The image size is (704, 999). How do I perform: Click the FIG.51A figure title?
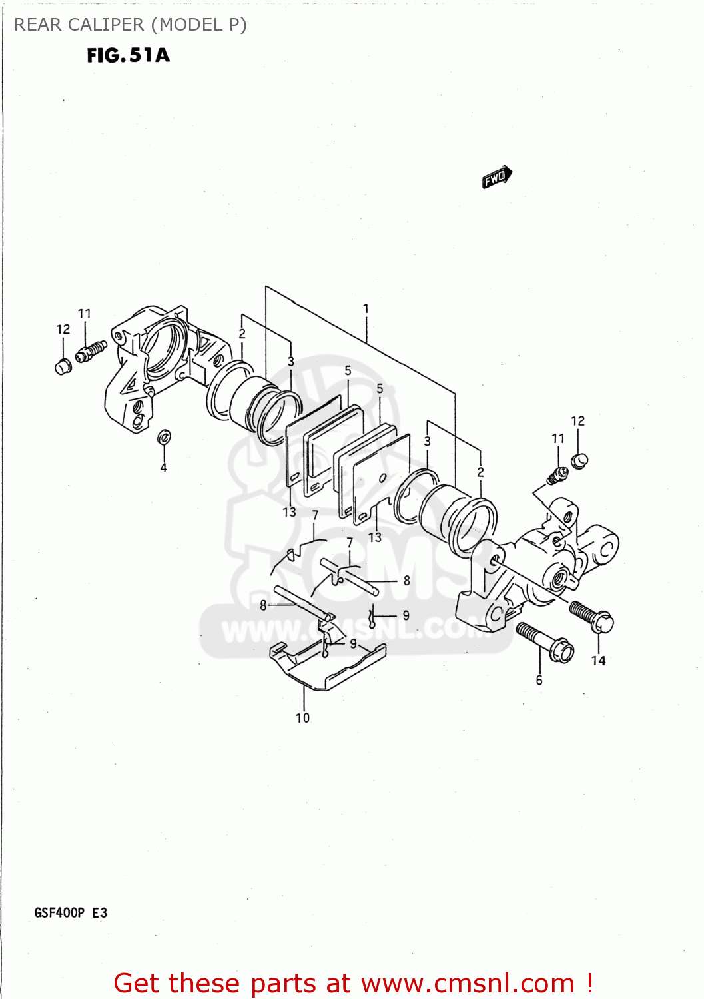point(128,55)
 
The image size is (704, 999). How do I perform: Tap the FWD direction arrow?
point(497,177)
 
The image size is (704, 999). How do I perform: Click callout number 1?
point(366,308)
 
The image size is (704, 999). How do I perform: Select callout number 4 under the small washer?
point(163,468)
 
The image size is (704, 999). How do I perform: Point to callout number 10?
point(302,717)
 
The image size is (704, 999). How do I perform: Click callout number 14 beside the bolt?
point(598,660)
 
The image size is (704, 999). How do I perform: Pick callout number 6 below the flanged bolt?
point(539,680)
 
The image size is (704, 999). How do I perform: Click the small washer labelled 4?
point(164,437)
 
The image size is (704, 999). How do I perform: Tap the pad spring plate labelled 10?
point(326,666)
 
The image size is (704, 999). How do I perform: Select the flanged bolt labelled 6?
point(545,641)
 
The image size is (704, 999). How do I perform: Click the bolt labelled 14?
point(591,615)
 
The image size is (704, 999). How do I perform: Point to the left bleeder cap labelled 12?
point(62,366)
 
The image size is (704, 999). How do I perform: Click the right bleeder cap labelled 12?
point(579,460)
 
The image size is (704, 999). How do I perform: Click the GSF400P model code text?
point(59,912)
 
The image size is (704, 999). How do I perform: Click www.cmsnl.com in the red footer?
point(468,983)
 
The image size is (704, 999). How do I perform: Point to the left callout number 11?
point(84,313)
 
